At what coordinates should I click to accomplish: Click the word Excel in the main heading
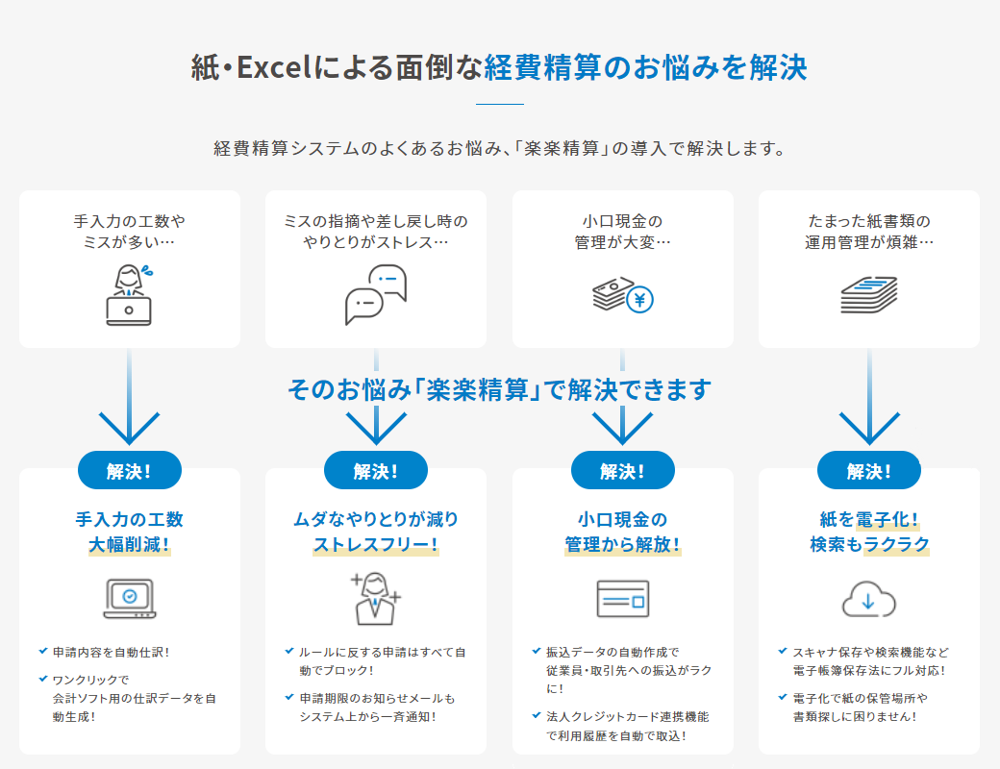(x=274, y=67)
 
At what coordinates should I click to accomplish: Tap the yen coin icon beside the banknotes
(x=639, y=299)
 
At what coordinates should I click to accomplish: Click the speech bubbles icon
(x=376, y=294)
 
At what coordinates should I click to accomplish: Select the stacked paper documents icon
(x=868, y=294)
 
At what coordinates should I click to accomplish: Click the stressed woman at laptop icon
(x=130, y=294)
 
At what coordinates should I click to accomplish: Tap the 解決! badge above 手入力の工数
(x=130, y=471)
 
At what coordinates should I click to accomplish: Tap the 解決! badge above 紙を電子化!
(x=868, y=471)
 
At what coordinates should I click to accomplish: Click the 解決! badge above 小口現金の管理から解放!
(x=622, y=471)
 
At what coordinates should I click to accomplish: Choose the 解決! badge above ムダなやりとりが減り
(x=376, y=471)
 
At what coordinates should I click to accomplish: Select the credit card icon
(x=622, y=599)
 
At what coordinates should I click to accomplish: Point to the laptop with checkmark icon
(x=130, y=599)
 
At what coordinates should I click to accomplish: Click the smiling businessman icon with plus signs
(x=376, y=598)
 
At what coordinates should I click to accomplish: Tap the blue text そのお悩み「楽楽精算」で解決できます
(x=499, y=389)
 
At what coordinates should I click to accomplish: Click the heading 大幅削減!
(x=130, y=545)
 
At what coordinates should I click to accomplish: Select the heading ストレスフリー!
(x=376, y=545)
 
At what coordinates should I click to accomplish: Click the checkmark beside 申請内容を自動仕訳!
(x=43, y=651)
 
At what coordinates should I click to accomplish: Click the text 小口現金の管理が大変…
(x=622, y=232)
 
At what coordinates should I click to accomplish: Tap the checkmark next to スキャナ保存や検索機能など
(x=783, y=651)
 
